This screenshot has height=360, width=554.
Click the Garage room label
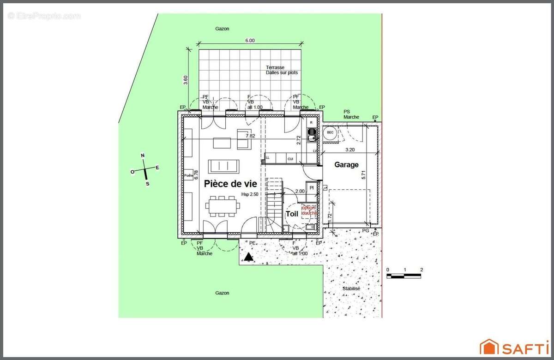[346, 165]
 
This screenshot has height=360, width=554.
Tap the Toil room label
[292, 214]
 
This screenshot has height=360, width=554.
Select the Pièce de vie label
[230, 184]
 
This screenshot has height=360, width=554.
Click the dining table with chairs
[223, 206]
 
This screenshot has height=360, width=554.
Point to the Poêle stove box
[188, 175]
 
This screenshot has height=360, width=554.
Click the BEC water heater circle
[330, 133]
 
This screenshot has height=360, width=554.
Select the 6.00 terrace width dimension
[250, 41]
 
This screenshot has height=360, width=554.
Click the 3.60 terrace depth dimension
[186, 79]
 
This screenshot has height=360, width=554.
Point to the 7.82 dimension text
[250, 136]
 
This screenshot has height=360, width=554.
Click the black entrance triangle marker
[249, 257]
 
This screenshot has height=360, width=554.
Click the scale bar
[404, 276]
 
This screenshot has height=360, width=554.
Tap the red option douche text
[309, 210]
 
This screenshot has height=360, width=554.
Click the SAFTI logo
[513, 347]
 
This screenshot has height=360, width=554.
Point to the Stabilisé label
[351, 288]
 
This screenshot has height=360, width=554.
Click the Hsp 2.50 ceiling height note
[250, 194]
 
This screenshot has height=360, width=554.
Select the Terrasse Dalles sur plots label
[282, 70]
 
